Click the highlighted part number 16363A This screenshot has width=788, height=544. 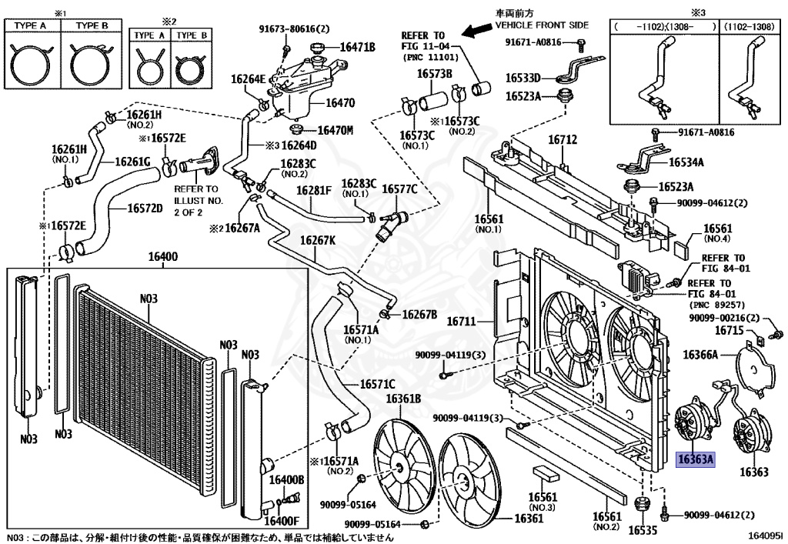(x=696, y=460)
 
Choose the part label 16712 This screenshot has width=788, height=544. (x=562, y=141)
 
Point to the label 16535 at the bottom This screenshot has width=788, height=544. (x=642, y=530)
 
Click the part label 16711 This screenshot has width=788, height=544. (x=462, y=321)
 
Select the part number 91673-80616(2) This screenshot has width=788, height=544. (x=293, y=29)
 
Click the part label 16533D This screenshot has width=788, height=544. (x=523, y=78)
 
